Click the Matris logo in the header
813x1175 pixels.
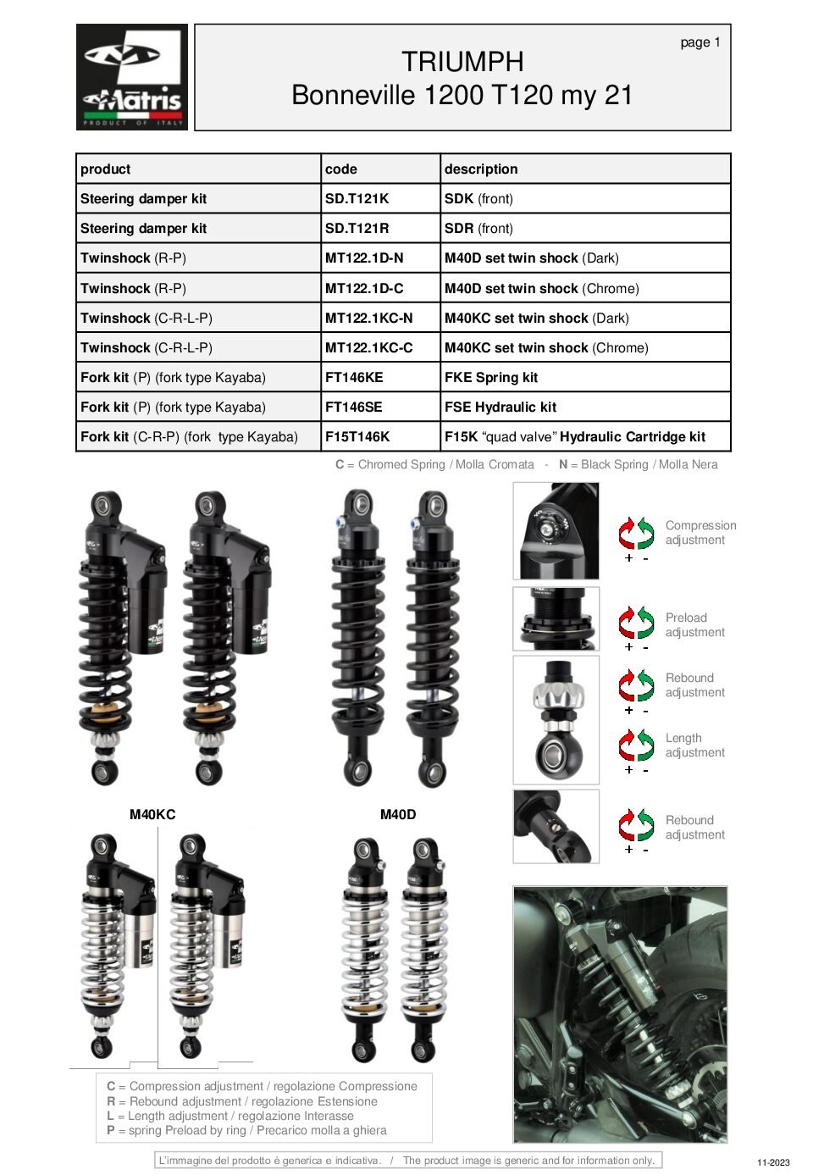[x=132, y=77]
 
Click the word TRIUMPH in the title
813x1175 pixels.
[x=462, y=62]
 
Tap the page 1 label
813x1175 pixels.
[x=700, y=42]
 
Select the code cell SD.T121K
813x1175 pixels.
[x=357, y=199]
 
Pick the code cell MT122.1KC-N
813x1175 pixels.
[x=368, y=319]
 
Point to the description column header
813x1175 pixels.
[x=481, y=169]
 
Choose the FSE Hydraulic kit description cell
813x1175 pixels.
[x=501, y=407]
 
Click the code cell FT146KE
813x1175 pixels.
[x=354, y=378]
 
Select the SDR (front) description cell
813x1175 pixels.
[x=478, y=229]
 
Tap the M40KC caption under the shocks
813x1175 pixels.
[x=152, y=815]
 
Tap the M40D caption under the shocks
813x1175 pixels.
[x=398, y=815]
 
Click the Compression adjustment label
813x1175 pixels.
[x=700, y=533]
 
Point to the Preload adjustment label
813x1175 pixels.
[x=694, y=625]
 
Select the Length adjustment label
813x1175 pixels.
[x=694, y=745]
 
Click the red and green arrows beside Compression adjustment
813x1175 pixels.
[x=636, y=534]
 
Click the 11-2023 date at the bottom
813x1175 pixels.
[x=773, y=1163]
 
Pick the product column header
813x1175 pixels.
[x=106, y=169]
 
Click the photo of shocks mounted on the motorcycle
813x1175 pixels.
[x=620, y=1014]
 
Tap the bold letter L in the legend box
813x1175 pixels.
[x=111, y=1117]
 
